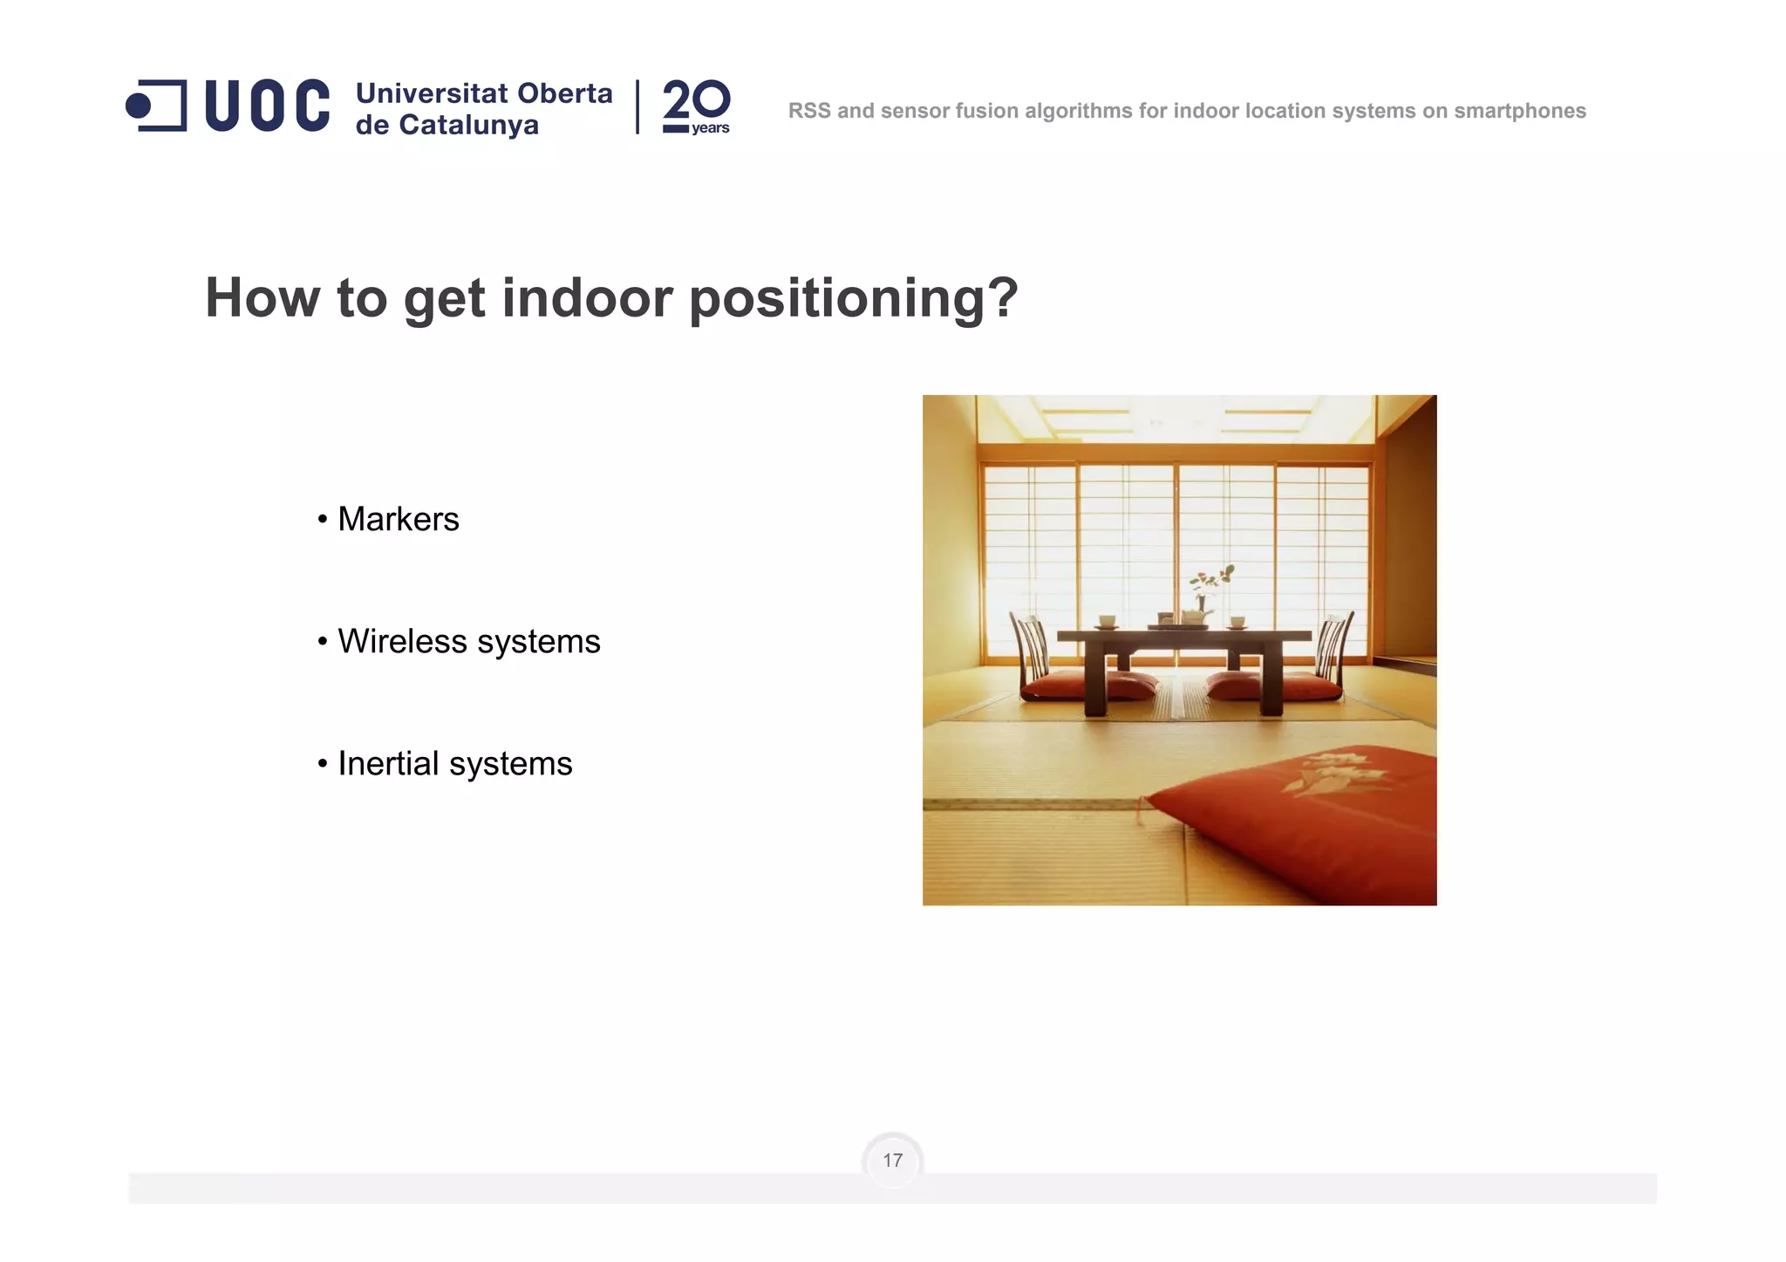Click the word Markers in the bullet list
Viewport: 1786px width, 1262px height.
point(398,519)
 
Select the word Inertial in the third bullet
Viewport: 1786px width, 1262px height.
point(387,763)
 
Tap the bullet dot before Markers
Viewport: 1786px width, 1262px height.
point(322,520)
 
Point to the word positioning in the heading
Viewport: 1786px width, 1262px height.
point(853,298)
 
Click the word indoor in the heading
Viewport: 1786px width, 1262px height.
point(587,298)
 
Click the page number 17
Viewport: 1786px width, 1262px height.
point(892,1160)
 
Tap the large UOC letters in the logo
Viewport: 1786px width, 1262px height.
point(267,106)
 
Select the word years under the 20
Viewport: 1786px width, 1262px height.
point(710,128)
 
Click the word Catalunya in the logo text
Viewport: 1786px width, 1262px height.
point(468,125)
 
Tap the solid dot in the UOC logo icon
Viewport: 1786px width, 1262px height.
point(139,106)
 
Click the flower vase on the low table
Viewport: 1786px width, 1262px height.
point(1202,596)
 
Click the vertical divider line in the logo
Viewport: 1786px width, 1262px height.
point(637,106)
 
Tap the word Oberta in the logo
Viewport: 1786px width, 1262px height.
point(565,93)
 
